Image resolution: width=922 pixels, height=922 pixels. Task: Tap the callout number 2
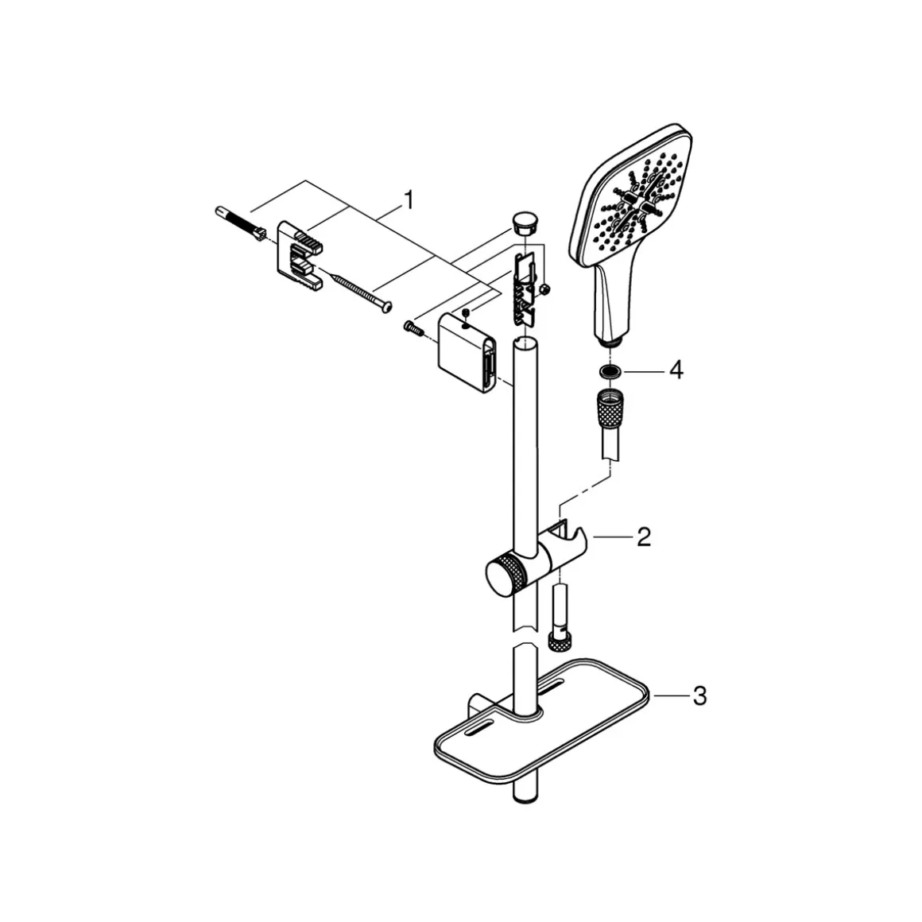tap(644, 537)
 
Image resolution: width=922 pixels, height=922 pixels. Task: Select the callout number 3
tap(699, 696)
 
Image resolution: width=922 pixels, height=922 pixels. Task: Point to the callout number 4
tap(676, 370)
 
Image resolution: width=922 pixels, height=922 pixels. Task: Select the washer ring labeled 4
tap(610, 371)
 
